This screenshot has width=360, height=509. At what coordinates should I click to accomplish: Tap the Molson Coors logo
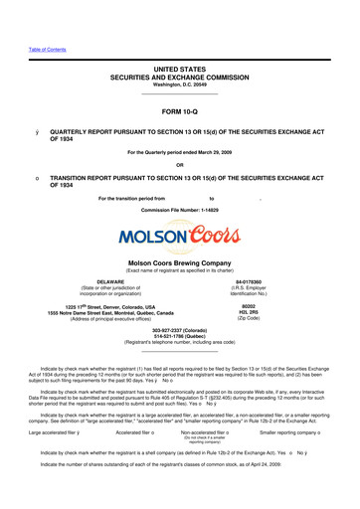click(179, 237)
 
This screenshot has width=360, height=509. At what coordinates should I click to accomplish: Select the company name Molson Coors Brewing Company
click(180, 261)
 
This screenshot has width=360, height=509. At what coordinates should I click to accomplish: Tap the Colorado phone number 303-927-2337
click(179, 331)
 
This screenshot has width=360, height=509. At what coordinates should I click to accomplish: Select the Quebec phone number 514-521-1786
click(179, 337)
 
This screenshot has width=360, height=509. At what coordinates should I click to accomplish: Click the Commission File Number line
click(179, 211)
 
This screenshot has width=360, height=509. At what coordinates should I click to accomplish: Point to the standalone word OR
click(180, 165)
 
